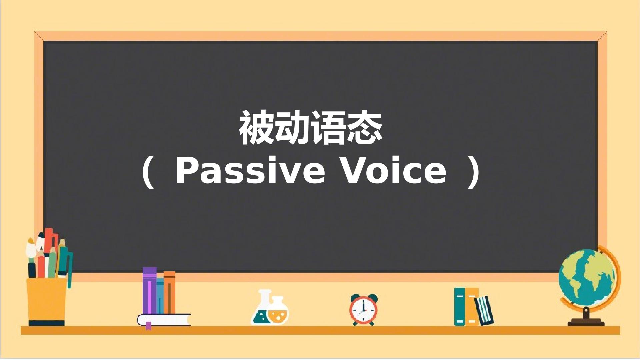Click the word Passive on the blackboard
click(x=250, y=171)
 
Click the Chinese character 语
click(x=329, y=128)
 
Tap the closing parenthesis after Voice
click(x=474, y=173)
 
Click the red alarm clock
click(x=363, y=310)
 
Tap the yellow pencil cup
click(x=47, y=301)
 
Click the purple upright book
click(x=149, y=291)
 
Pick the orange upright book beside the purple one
click(x=170, y=293)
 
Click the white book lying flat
click(x=164, y=320)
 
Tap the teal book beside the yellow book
click(x=460, y=306)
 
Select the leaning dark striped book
click(x=484, y=310)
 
